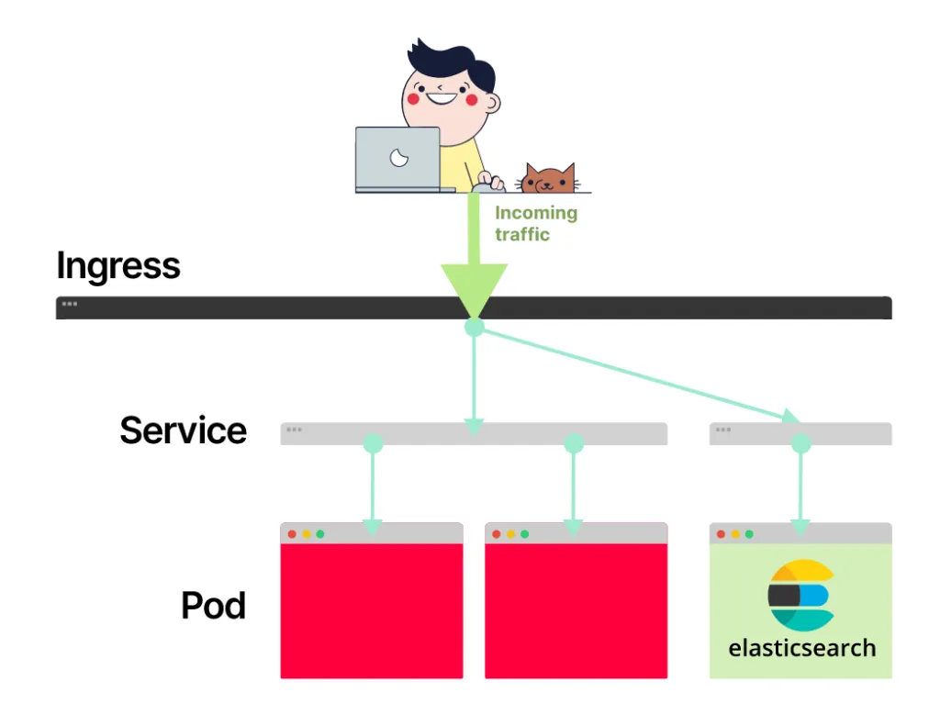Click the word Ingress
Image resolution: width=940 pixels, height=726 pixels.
(x=118, y=266)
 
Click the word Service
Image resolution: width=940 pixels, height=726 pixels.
(x=184, y=430)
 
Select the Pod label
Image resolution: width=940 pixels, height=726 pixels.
(x=213, y=606)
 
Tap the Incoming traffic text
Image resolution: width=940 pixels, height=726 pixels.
(x=536, y=223)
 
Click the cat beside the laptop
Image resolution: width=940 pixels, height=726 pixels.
(x=548, y=178)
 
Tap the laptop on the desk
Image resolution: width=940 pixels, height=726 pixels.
(x=398, y=159)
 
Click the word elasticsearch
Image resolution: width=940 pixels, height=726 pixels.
(x=801, y=648)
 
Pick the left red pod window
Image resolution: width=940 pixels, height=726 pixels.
(x=372, y=610)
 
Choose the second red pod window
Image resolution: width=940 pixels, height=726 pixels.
(x=576, y=610)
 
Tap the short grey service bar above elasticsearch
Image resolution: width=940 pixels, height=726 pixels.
(x=854, y=433)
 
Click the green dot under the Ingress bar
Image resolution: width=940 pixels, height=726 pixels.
(x=474, y=327)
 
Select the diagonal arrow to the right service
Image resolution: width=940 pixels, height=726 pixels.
(x=643, y=376)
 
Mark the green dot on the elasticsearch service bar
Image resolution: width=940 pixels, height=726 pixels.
(x=800, y=444)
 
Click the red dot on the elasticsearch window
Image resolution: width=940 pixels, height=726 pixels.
(x=721, y=534)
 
